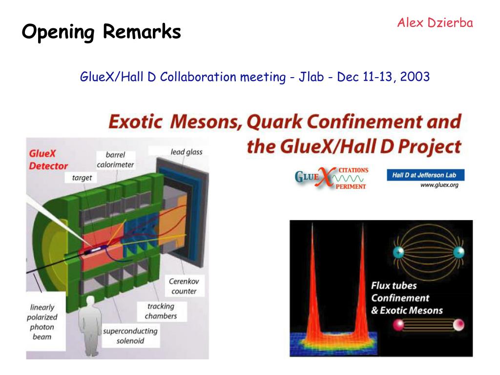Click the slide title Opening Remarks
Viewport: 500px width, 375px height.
[101, 33]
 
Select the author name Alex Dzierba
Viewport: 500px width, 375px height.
[435, 22]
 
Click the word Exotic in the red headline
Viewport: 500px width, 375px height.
[135, 121]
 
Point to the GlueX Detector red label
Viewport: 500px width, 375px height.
[48, 160]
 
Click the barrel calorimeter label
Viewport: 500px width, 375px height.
[115, 160]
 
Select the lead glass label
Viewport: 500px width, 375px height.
[186, 152]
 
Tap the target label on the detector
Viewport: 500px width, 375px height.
[82, 178]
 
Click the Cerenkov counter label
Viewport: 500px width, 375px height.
[184, 286]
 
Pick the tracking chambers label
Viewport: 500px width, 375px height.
[160, 311]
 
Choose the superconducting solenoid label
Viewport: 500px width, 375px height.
[130, 335]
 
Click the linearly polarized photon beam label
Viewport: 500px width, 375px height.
[42, 322]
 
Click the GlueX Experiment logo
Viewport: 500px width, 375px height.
[331, 178]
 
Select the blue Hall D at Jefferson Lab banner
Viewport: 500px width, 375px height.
[425, 175]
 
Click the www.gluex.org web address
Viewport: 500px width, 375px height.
[439, 185]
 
